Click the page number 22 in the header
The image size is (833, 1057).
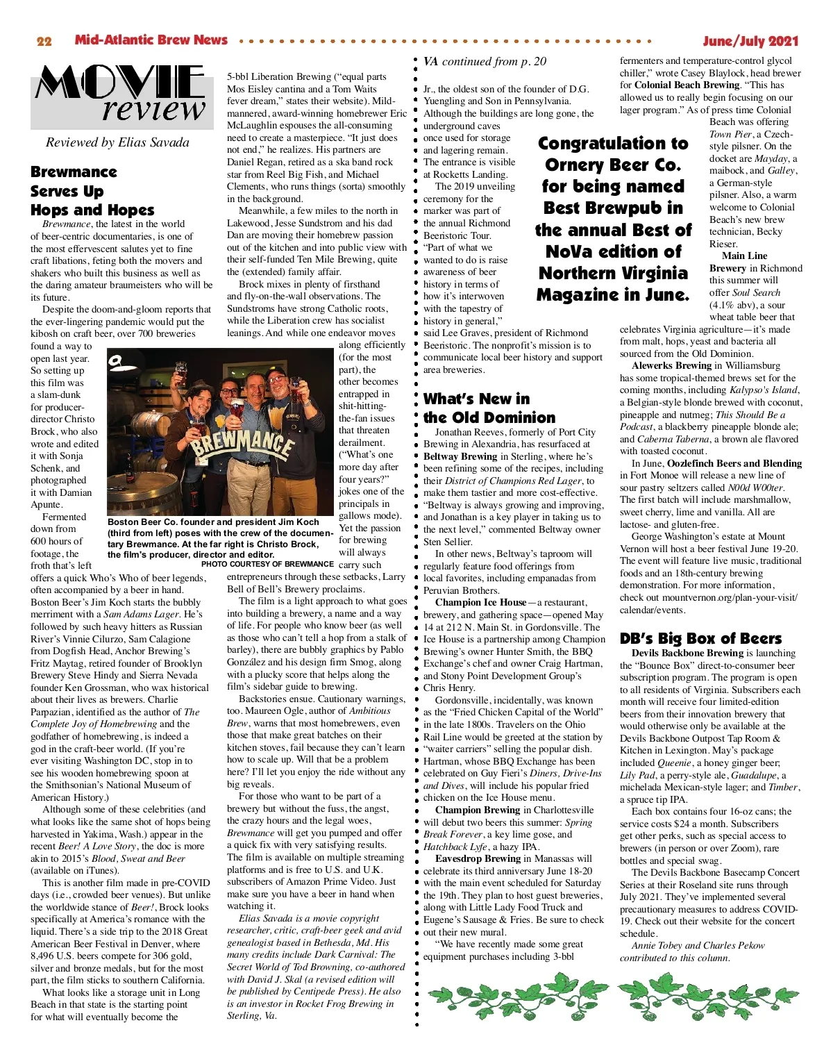pos(44,41)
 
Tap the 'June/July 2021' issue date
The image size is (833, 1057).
pos(750,41)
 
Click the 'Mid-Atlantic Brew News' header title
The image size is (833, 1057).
pos(151,40)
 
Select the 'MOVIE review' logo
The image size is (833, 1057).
pos(120,94)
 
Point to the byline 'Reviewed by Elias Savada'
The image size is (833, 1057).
pos(117,142)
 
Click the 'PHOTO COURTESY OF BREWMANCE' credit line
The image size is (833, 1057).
pos(267,564)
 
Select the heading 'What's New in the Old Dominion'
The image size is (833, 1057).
pos(489,408)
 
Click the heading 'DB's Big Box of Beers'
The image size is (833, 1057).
pos(700,638)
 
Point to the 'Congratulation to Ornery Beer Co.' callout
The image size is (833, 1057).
pos(613,219)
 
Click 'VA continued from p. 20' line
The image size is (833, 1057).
pos(485,62)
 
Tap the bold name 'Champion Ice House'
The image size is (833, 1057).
pos(480,602)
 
